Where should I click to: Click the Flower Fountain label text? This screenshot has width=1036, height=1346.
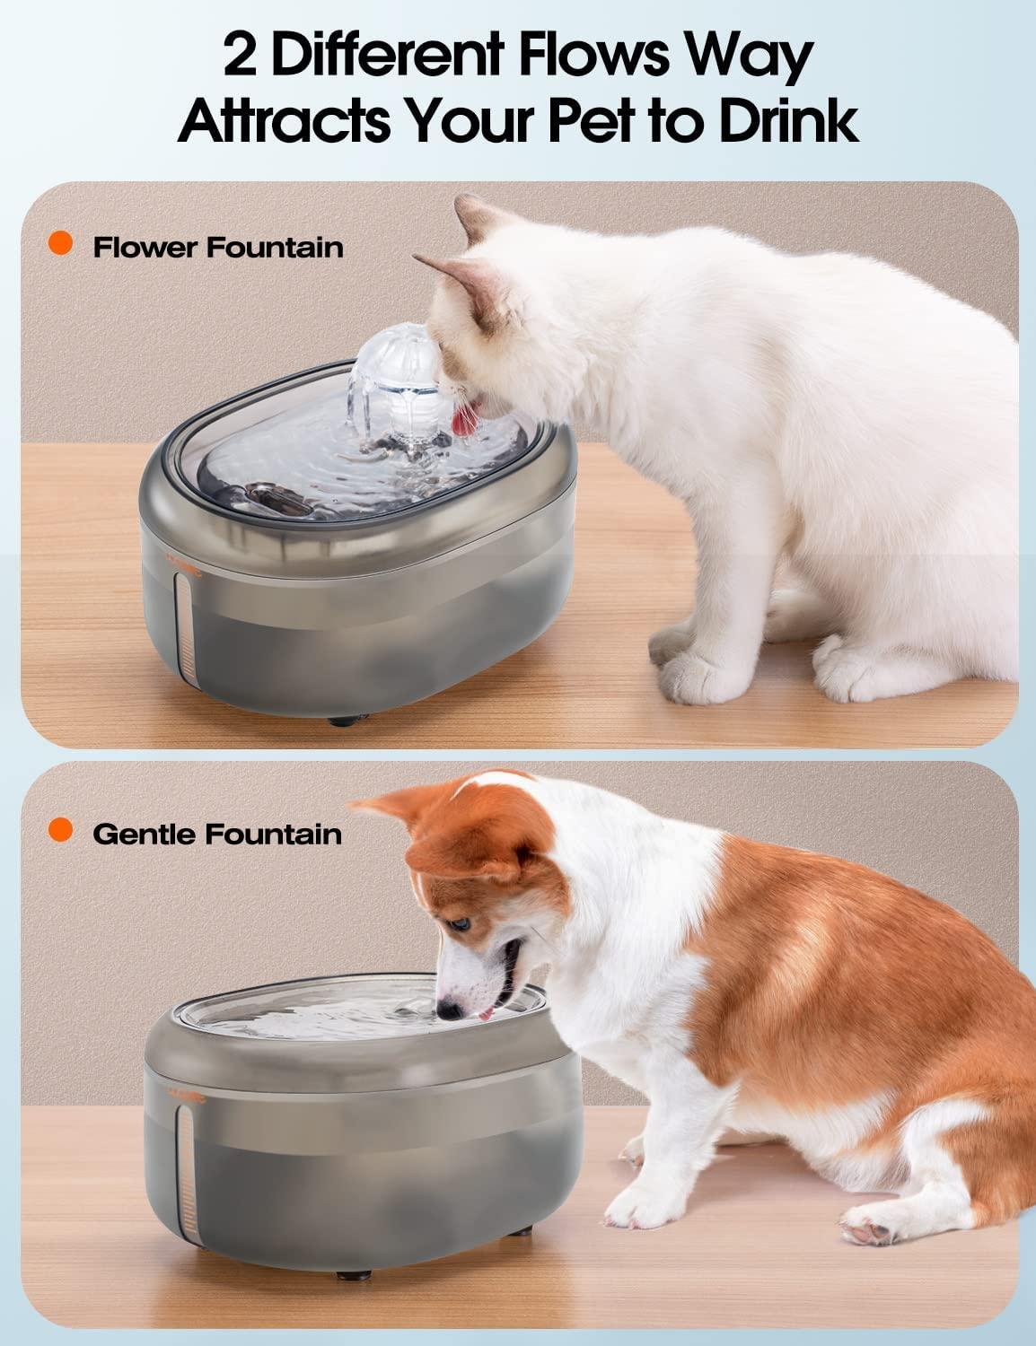click(x=218, y=247)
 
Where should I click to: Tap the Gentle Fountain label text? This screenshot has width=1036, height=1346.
click(x=217, y=834)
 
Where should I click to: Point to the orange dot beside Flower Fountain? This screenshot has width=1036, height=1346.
click(x=61, y=244)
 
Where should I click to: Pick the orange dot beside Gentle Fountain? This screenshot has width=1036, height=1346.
click(x=61, y=831)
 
